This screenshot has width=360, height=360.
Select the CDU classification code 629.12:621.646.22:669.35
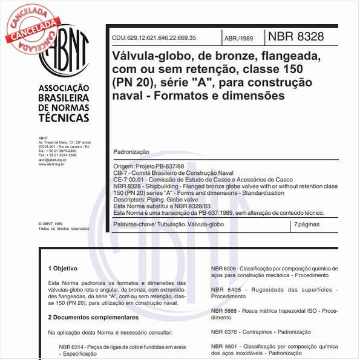154,38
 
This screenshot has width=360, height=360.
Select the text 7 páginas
307,224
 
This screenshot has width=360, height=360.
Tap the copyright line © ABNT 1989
50,224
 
